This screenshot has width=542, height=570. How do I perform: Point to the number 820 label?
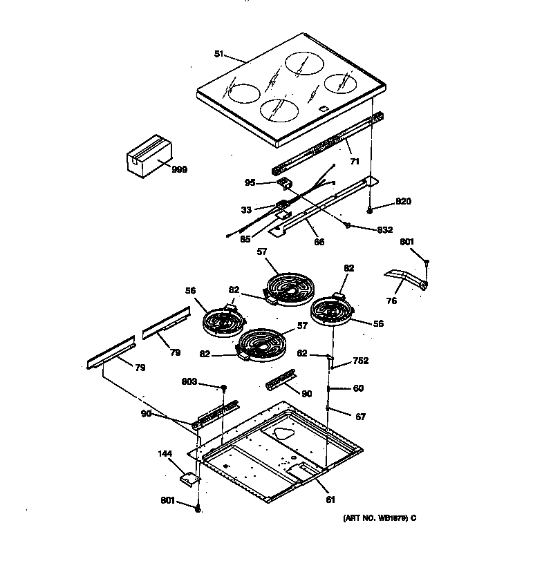[x=403, y=202]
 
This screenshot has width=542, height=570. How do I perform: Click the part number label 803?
[x=189, y=381]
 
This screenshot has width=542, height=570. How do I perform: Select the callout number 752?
[x=359, y=361]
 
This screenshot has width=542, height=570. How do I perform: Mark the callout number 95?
[x=250, y=182]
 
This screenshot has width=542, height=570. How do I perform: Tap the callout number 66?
[x=319, y=242]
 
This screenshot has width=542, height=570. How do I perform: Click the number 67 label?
[x=360, y=417]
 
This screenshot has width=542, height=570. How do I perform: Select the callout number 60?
[x=358, y=388]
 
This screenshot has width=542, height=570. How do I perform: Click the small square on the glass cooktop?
[x=323, y=108]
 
